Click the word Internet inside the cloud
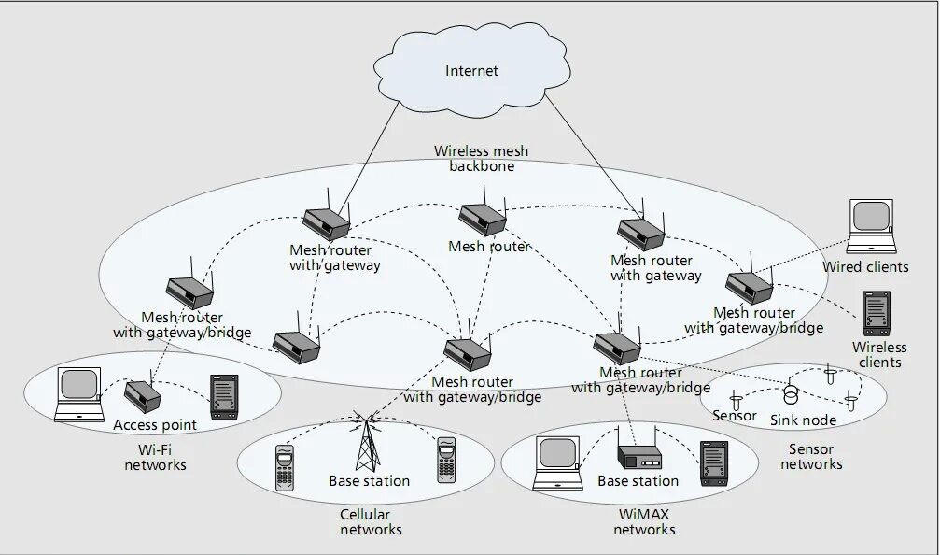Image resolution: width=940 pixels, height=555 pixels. point(471,71)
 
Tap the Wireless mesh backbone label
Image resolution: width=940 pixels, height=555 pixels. point(482,159)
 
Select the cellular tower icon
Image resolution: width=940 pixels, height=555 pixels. point(366,441)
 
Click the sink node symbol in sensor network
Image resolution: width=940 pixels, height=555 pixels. point(792,394)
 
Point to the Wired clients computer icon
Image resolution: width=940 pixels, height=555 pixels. point(872,226)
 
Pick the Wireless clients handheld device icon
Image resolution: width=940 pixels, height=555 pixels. point(876,314)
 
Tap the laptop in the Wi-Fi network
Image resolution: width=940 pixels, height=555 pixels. point(78,395)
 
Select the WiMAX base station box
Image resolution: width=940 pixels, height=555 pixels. point(639,455)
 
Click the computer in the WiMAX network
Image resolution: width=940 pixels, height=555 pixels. point(558,463)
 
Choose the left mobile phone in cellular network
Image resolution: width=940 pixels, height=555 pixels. point(284,467)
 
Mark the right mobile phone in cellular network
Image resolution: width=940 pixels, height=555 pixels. point(446,461)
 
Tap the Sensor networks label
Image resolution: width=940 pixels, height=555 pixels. point(811,457)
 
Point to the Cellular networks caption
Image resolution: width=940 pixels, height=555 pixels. point(371,522)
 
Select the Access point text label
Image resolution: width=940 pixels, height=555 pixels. point(155,425)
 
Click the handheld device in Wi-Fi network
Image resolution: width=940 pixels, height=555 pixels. point(224,397)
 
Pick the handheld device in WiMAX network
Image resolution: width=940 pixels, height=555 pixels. point(714,463)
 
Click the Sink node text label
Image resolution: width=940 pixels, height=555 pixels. point(803,420)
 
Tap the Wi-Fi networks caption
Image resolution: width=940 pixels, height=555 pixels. point(155,457)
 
